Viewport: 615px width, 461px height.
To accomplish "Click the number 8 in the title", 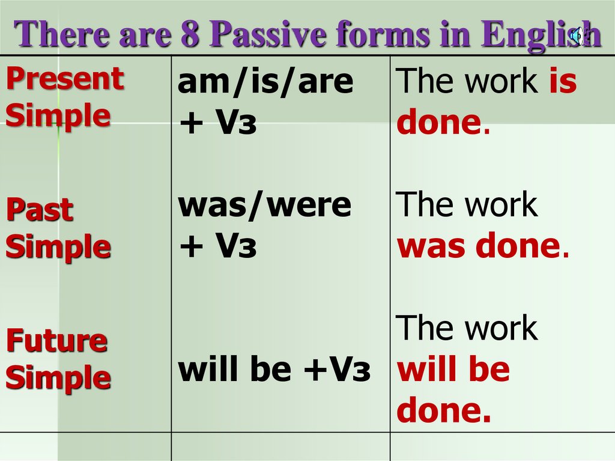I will (x=190, y=34).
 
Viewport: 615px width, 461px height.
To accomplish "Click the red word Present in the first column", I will (x=65, y=78).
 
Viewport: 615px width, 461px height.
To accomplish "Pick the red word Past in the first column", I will (x=40, y=210).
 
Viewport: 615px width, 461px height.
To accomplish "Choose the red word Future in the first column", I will (x=57, y=341).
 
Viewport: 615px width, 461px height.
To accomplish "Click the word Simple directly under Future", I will (x=58, y=378).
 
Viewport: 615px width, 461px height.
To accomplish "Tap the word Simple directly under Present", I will (x=58, y=115).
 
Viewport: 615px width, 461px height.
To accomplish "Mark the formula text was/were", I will (x=265, y=206).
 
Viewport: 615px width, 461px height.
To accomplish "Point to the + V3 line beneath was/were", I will (x=218, y=246).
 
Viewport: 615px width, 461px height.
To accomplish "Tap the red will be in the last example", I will (x=453, y=370).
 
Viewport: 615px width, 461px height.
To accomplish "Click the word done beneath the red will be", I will (x=444, y=411).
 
